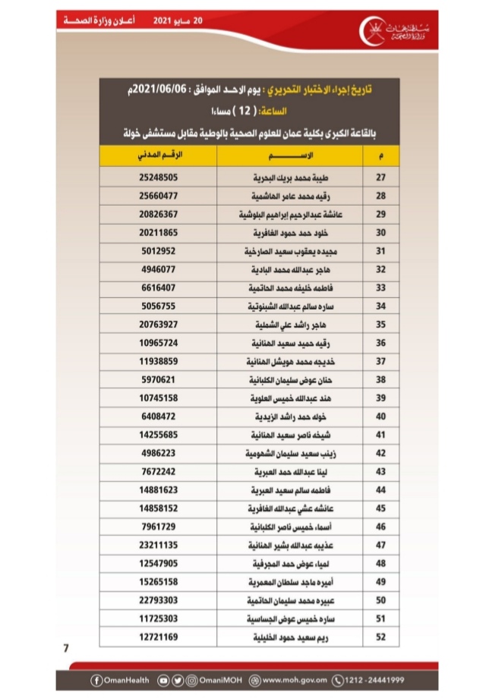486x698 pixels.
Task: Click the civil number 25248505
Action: click(159, 178)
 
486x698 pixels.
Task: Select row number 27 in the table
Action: click(382, 178)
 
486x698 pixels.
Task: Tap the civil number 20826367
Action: click(159, 214)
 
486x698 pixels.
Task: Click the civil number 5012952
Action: click(159, 251)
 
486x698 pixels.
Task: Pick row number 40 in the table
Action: click(382, 417)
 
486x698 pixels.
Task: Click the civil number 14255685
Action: click(159, 435)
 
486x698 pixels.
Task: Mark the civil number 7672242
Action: click(159, 472)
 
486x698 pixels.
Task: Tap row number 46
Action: click(382, 527)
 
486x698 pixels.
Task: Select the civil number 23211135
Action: click(159, 546)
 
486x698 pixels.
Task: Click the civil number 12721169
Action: click(159, 637)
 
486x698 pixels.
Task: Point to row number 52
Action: click(382, 637)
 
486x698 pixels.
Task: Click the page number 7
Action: click(66, 648)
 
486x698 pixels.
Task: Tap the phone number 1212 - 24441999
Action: click(371, 679)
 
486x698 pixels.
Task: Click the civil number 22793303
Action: click(159, 601)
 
